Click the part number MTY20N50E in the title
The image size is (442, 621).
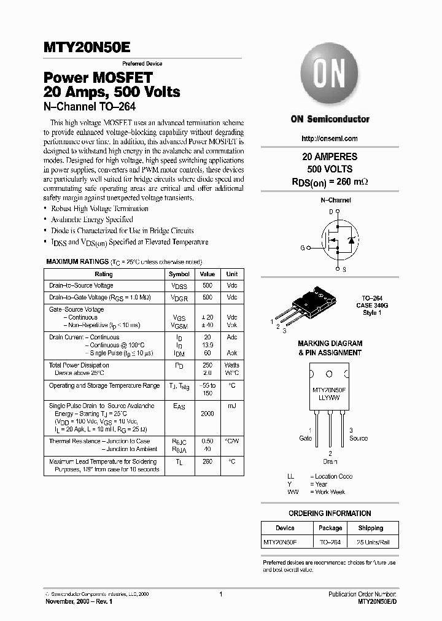tap(87, 48)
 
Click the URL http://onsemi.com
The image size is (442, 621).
tap(330, 139)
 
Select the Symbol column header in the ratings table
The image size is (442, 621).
tap(179, 274)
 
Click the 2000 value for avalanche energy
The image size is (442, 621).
tap(207, 414)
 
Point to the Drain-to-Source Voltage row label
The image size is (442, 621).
tap(81, 286)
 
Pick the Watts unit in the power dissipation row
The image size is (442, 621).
tap(232, 365)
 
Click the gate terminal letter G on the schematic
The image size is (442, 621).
tap(302, 248)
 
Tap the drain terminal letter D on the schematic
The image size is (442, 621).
tap(330, 212)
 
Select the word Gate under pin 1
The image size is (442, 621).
tap(305, 438)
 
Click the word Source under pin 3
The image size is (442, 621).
tap(359, 438)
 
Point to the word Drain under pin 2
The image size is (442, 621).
tap(330, 461)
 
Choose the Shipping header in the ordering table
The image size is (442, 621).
tap(370, 528)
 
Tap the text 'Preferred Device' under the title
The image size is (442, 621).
tap(142, 64)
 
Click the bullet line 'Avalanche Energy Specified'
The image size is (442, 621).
tap(92, 220)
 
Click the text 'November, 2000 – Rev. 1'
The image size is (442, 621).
tap(79, 602)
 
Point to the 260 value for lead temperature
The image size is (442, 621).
tap(207, 461)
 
